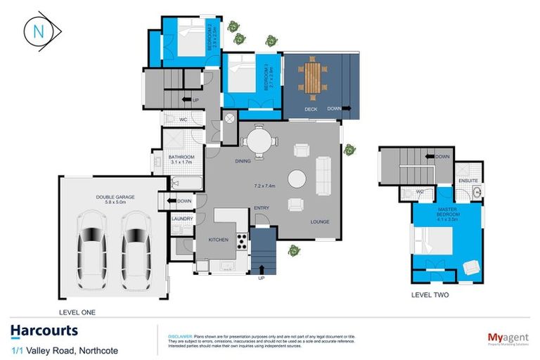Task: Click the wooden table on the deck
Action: (313, 77)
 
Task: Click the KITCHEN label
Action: (219, 240)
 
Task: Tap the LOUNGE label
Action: (320, 222)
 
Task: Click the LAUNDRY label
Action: (181, 219)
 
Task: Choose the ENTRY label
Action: (262, 207)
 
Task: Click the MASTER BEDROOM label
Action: (447, 212)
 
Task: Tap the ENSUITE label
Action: (468, 180)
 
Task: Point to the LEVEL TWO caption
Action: (430, 295)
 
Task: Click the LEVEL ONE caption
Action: (77, 311)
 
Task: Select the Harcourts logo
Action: (44, 331)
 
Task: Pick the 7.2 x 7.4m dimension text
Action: (264, 186)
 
